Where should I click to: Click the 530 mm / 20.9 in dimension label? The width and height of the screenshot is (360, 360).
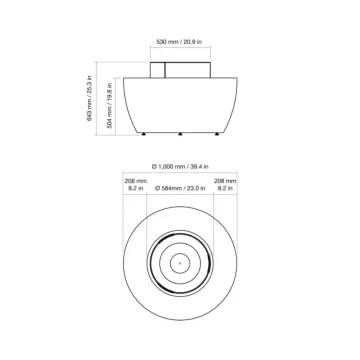(x=179, y=42)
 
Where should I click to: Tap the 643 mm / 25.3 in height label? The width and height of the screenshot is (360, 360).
(x=89, y=98)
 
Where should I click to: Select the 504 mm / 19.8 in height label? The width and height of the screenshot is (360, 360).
(x=109, y=105)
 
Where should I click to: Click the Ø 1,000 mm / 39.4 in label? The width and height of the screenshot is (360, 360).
(x=180, y=167)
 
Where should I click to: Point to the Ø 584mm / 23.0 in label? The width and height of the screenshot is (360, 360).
(x=180, y=188)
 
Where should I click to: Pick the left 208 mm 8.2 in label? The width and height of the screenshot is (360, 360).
(x=136, y=185)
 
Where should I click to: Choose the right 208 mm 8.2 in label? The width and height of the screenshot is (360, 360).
(x=225, y=185)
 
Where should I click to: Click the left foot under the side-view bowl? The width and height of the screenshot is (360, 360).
(x=143, y=134)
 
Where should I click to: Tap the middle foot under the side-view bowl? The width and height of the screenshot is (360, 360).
(x=180, y=134)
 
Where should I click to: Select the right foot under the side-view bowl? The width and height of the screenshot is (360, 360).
(x=217, y=134)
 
